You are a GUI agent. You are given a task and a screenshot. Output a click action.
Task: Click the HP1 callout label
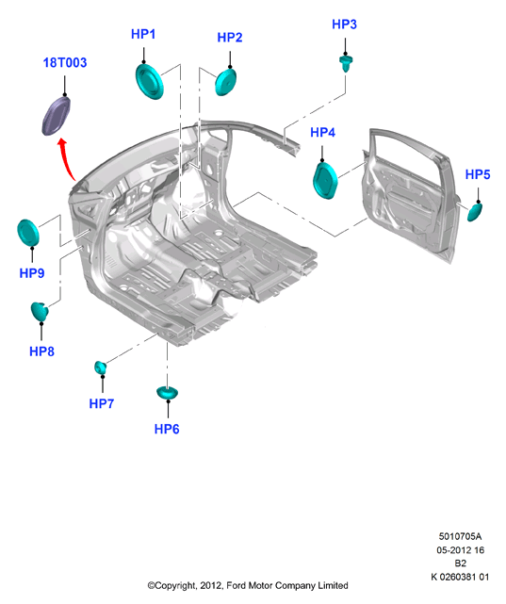[x=143, y=34]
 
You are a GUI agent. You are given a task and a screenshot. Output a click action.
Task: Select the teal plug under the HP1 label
[x=150, y=82]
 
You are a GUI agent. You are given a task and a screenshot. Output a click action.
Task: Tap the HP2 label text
[x=230, y=38]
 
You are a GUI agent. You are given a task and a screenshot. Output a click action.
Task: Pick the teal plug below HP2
[x=225, y=82]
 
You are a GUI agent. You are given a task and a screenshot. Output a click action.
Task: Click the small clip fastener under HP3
[x=346, y=63]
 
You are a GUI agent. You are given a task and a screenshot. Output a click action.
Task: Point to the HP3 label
[x=344, y=24]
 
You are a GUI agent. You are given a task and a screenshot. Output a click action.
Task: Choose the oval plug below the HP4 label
[x=325, y=180]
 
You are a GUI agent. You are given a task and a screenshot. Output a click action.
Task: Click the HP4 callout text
[x=322, y=133]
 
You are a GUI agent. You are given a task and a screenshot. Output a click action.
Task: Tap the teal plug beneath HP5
[x=474, y=212]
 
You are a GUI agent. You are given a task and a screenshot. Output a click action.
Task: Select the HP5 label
[x=478, y=174]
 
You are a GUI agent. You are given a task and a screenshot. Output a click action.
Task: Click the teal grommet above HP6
[x=167, y=393]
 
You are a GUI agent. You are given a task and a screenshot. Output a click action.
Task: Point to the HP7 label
[x=101, y=403]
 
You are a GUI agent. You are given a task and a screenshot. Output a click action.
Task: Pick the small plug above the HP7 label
[x=101, y=367]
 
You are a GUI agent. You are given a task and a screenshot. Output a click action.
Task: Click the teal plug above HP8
[x=40, y=312]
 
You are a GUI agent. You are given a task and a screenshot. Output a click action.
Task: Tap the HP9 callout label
[x=32, y=273]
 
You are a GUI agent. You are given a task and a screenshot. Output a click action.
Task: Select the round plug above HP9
[x=28, y=233]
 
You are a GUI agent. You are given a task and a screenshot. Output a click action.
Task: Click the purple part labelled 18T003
[x=57, y=116]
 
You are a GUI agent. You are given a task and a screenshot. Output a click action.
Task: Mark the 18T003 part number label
[x=65, y=62]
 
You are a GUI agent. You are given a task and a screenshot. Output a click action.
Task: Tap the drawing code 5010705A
[x=460, y=536]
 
